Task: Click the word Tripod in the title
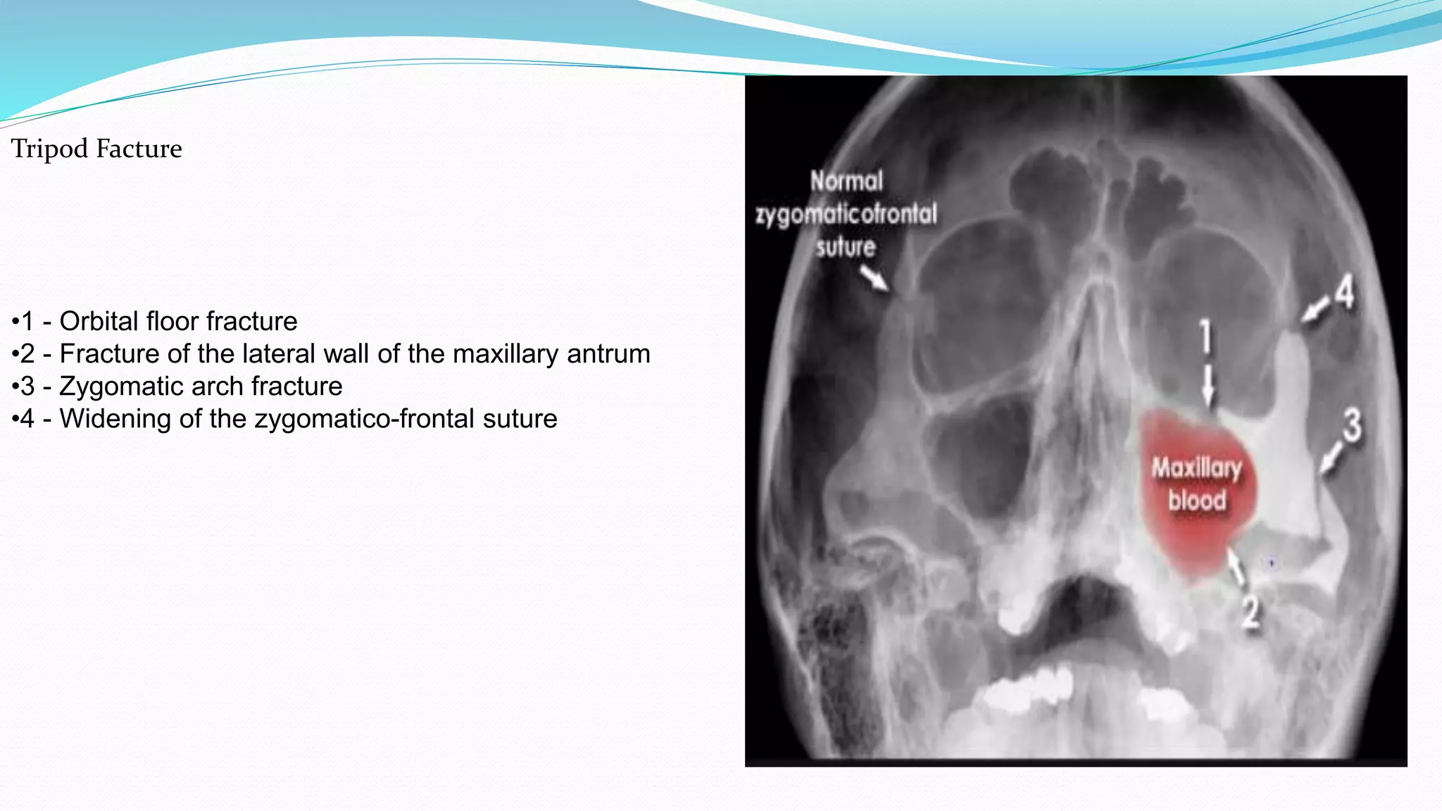(49, 149)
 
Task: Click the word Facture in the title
(139, 149)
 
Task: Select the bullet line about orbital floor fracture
(155, 322)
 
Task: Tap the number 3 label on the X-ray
(1351, 426)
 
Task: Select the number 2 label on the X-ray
(1250, 612)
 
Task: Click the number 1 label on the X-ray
(1206, 337)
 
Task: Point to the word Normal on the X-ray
(846, 182)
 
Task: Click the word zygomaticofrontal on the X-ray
(846, 214)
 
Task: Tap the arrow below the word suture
(875, 278)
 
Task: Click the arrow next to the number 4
(1314, 310)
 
